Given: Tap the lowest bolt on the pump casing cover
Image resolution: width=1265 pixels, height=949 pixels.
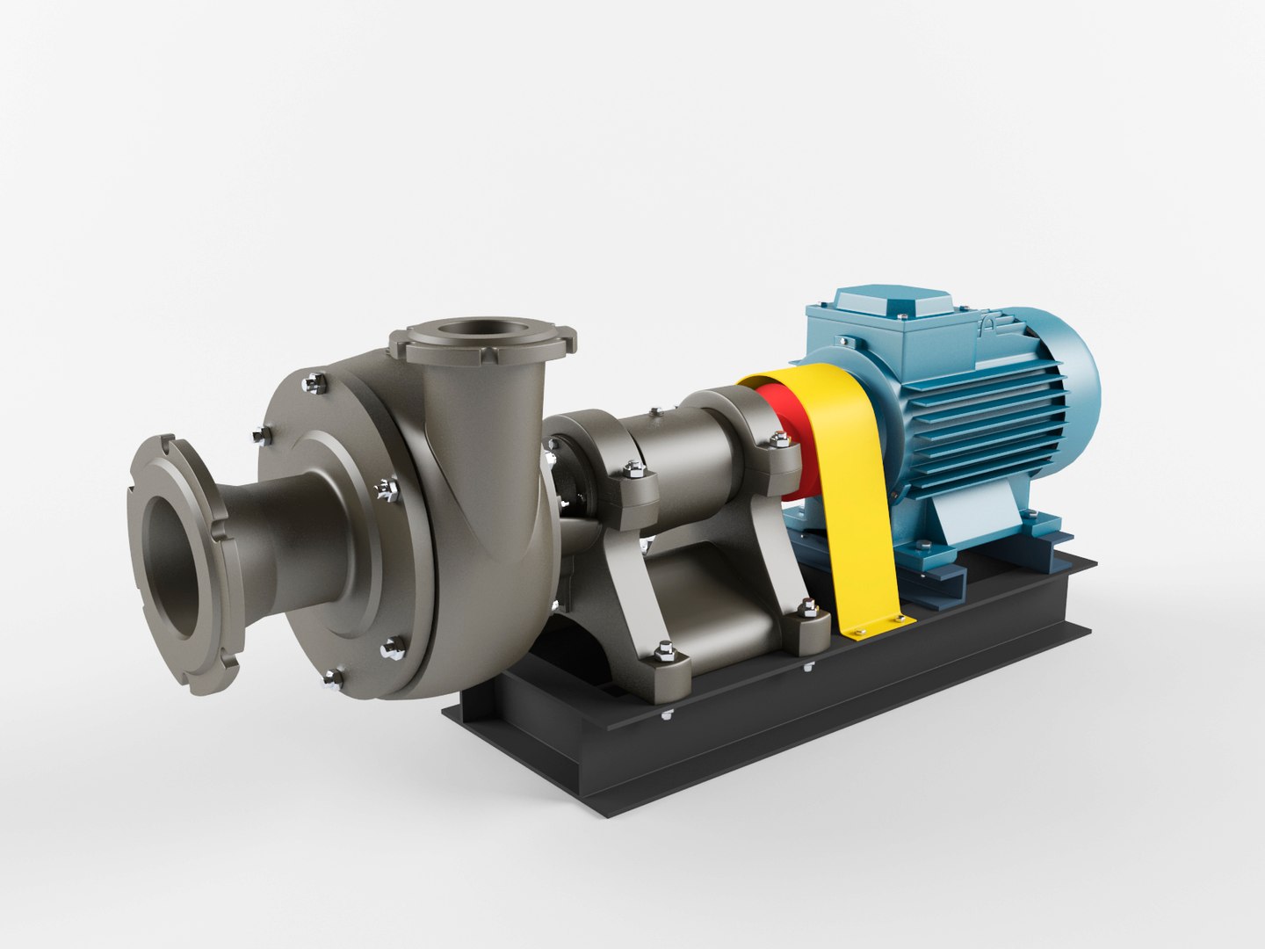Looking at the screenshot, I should pyautogui.click(x=332, y=676).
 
